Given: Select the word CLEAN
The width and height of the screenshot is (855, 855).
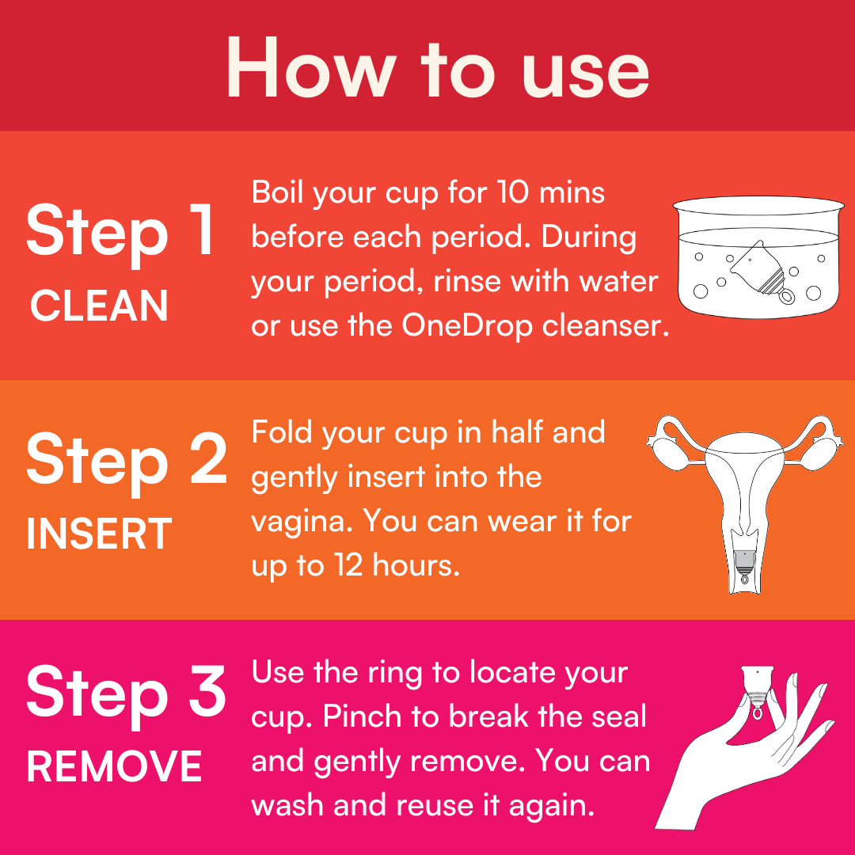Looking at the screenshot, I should point(100,306).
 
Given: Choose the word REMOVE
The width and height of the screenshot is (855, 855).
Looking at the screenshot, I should point(114,766).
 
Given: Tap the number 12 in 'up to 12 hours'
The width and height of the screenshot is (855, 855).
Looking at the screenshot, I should point(341,566).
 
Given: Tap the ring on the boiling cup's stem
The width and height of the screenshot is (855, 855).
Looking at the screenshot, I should point(786,297).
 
